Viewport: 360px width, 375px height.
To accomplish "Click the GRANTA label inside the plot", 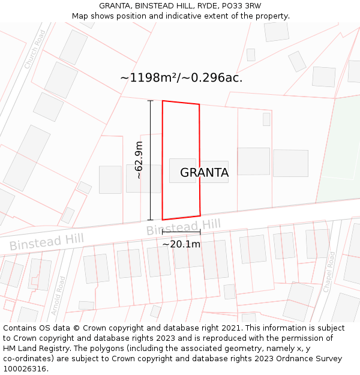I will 204,173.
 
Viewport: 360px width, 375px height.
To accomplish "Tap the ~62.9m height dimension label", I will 139,160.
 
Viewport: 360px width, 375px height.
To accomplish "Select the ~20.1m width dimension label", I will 181,244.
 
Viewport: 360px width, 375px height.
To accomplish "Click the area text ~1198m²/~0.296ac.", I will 181,77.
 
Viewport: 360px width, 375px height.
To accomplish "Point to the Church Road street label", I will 35,49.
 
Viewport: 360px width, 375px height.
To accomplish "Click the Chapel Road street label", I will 330,271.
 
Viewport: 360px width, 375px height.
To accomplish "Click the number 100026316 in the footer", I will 25,369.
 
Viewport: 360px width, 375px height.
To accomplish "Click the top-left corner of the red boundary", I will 163,101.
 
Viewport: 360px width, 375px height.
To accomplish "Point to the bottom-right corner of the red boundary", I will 200,215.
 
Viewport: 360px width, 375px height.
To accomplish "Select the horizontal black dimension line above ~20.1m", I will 181,231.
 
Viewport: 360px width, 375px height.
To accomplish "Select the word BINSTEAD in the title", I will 155,6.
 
